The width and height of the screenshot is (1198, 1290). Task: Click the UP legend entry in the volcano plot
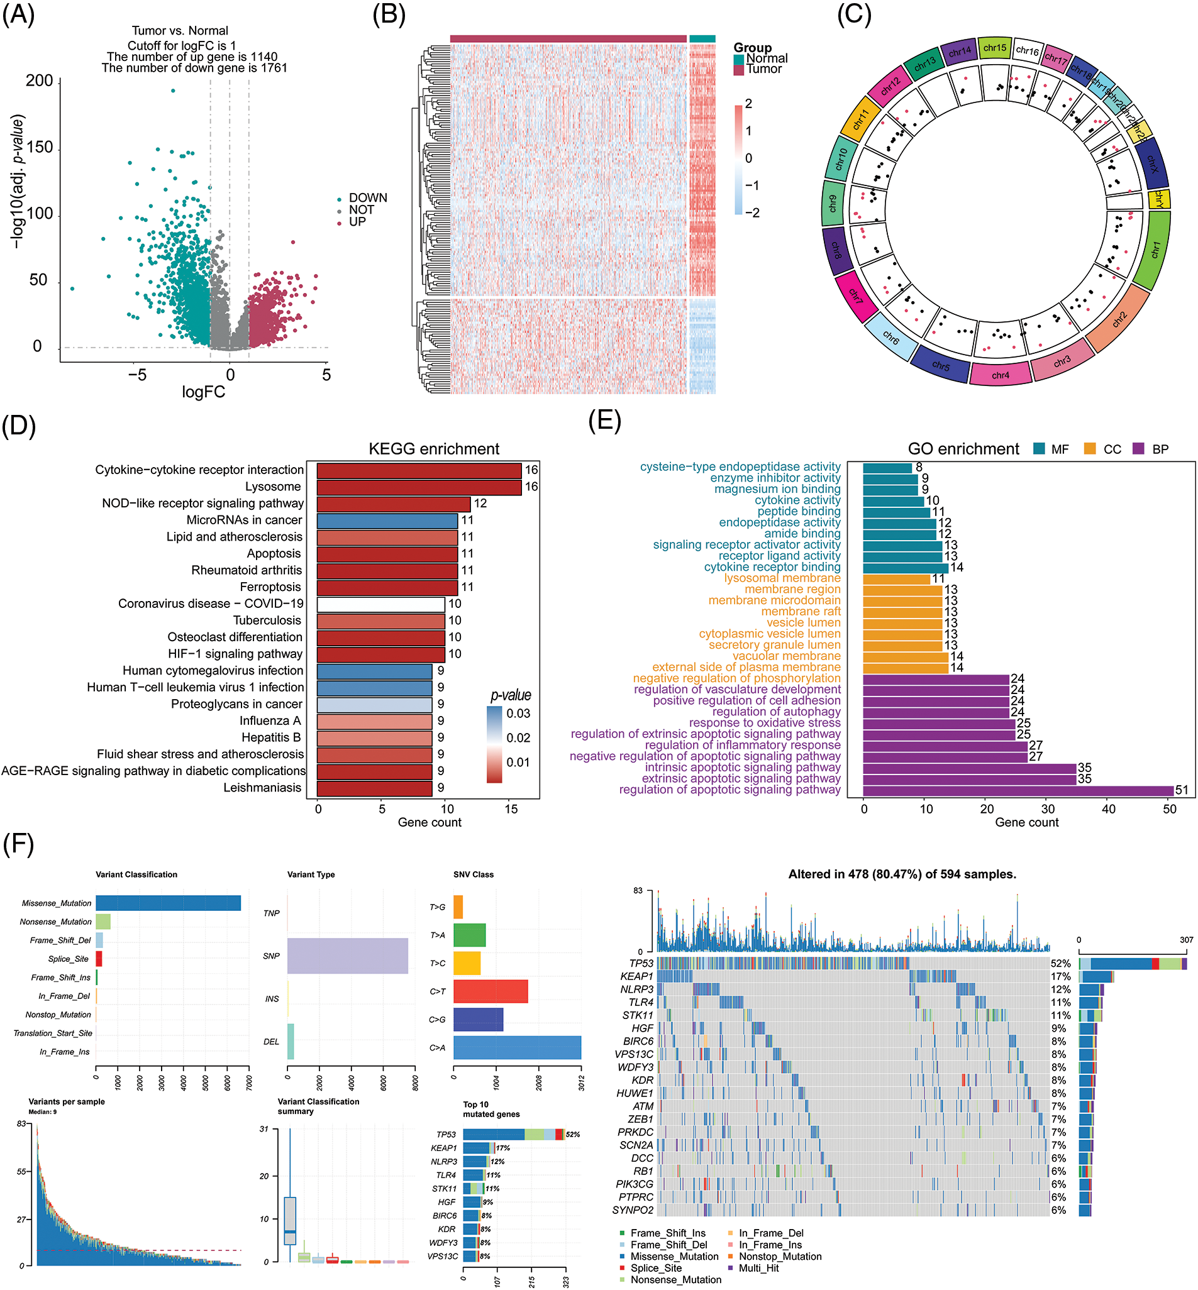[357, 221]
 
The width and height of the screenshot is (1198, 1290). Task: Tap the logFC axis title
[203, 392]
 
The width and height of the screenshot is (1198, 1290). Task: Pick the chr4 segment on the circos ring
[1001, 375]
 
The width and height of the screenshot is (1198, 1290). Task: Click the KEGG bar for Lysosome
[419, 487]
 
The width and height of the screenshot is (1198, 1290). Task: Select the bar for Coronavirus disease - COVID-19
[380, 604]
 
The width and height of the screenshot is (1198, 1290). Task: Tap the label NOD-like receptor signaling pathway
[202, 504]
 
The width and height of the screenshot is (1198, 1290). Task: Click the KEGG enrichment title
[434, 449]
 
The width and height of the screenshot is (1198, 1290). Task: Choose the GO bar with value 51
[1018, 790]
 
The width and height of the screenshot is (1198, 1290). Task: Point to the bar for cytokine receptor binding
[906, 568]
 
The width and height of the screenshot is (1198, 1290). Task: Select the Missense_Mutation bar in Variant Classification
[168, 903]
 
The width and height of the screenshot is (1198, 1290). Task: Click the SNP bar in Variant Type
[348, 956]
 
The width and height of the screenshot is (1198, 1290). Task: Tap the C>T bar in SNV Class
[490, 991]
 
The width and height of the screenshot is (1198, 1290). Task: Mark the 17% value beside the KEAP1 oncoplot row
[1060, 976]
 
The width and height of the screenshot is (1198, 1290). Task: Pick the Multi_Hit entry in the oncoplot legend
[758, 1268]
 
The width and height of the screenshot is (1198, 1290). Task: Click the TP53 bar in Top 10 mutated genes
[512, 1135]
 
